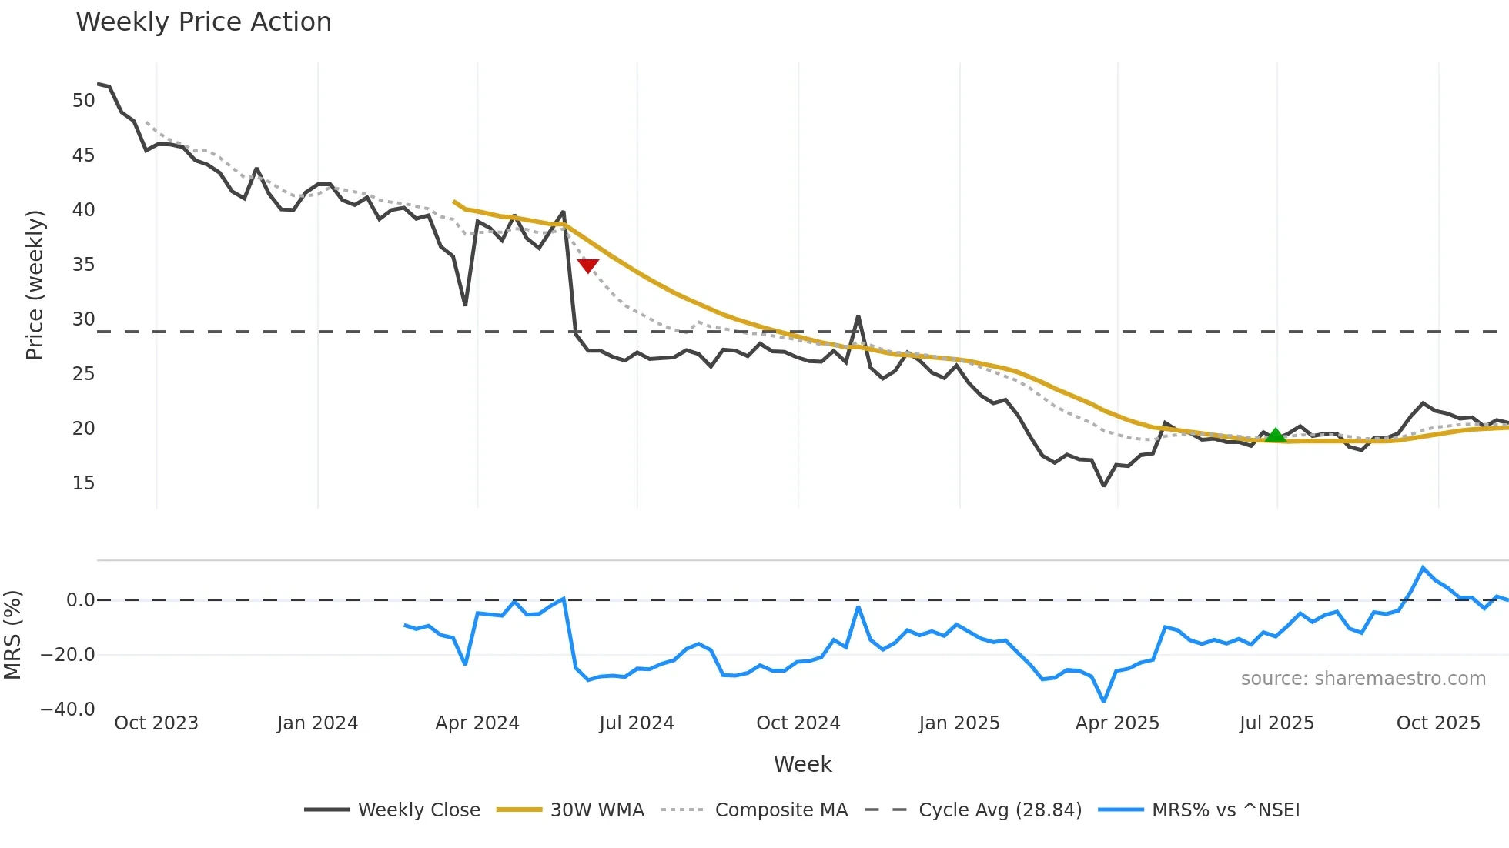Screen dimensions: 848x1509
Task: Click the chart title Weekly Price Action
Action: click(203, 22)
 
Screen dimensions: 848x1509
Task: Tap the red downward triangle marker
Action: click(588, 265)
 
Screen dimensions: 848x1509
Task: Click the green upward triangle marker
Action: click(1276, 436)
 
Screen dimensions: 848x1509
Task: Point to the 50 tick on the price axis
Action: click(83, 101)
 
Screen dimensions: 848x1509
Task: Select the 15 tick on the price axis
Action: click(83, 483)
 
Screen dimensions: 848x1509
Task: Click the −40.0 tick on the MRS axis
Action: click(68, 709)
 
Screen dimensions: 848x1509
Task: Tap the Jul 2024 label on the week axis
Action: click(637, 723)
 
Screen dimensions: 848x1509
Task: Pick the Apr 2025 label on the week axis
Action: click(1117, 723)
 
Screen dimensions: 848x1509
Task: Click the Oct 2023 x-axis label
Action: click(156, 723)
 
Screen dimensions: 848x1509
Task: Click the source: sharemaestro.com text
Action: click(1363, 679)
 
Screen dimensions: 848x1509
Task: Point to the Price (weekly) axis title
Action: click(35, 285)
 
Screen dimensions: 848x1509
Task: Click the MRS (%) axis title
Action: click(12, 635)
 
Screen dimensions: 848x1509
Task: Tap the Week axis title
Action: click(802, 764)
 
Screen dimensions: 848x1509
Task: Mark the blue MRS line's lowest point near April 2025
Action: click(1104, 701)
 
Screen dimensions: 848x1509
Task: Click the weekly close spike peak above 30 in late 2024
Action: click(858, 316)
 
